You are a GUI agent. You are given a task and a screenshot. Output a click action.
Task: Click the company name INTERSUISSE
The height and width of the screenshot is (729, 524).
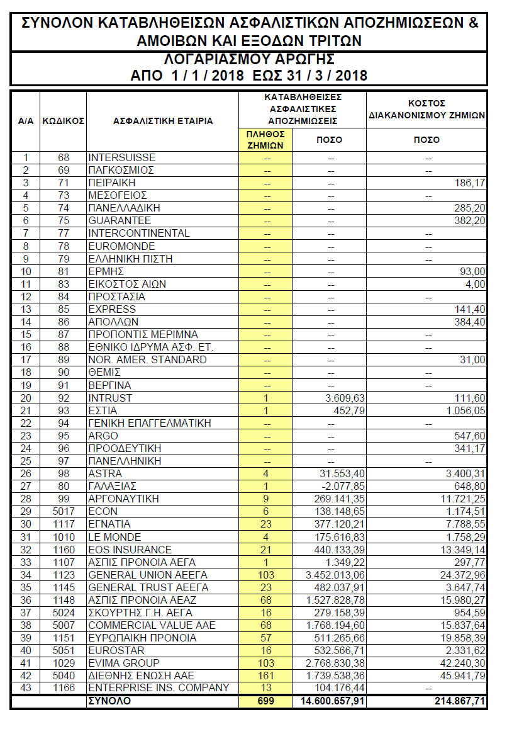click(x=122, y=157)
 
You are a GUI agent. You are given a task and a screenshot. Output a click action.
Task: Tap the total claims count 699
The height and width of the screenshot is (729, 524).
click(x=265, y=701)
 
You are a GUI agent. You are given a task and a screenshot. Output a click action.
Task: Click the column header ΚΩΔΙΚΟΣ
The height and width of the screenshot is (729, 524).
click(x=63, y=121)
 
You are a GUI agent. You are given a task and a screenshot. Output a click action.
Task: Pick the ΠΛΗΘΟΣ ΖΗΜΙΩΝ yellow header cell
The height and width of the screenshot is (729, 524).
click(x=265, y=139)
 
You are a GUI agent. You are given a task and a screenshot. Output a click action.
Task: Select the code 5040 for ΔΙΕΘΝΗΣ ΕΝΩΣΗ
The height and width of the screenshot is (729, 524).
click(x=63, y=675)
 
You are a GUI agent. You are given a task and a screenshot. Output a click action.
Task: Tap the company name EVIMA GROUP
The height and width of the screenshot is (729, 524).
click(x=124, y=663)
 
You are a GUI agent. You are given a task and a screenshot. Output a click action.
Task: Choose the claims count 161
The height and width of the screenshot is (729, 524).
click(x=265, y=675)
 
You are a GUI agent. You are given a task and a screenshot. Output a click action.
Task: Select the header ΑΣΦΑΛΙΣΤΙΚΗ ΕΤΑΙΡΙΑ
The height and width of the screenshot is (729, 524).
click(x=163, y=121)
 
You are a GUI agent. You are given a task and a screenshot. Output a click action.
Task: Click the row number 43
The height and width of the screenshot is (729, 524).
click(x=25, y=688)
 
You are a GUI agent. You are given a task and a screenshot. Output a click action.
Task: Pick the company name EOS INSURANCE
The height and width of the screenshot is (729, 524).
click(x=130, y=550)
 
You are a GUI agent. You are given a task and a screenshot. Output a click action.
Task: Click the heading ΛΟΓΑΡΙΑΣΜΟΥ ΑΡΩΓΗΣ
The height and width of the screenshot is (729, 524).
click(x=248, y=60)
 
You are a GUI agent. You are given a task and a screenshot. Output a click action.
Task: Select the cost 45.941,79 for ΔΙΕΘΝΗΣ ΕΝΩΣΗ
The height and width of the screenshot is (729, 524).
click(x=464, y=675)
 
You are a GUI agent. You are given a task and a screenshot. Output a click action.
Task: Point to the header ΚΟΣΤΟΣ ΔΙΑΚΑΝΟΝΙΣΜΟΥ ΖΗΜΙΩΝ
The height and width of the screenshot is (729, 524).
click(x=426, y=110)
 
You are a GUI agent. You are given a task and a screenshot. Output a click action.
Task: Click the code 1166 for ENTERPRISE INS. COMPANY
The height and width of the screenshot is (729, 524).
click(x=63, y=688)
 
